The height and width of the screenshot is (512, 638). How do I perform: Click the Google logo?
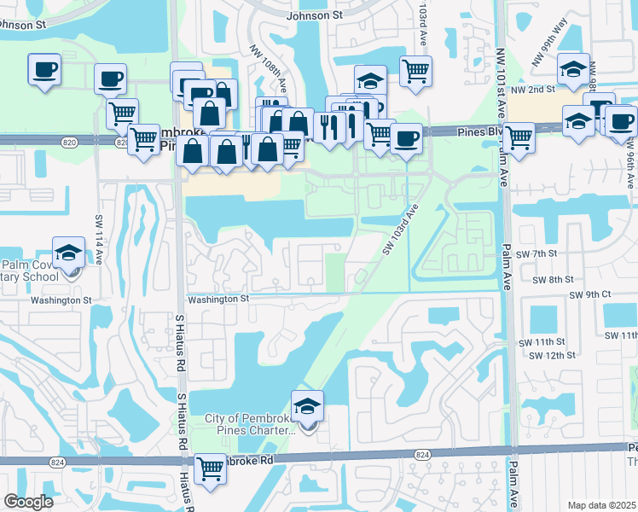pyautogui.click(x=28, y=502)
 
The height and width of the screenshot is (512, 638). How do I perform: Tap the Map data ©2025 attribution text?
pyautogui.click(x=601, y=505)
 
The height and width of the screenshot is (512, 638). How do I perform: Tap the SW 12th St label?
pyautogui.click(x=548, y=355)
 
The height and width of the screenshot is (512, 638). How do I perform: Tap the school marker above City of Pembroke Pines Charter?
pyautogui.click(x=307, y=406)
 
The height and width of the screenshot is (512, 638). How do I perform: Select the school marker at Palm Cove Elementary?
pyautogui.click(x=68, y=253)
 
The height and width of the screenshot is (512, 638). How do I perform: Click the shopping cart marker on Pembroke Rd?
pyautogui.click(x=210, y=468)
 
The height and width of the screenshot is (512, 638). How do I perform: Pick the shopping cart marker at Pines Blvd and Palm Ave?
pyautogui.click(x=518, y=137)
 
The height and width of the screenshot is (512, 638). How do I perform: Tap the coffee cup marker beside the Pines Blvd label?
pyautogui.click(x=407, y=137)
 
